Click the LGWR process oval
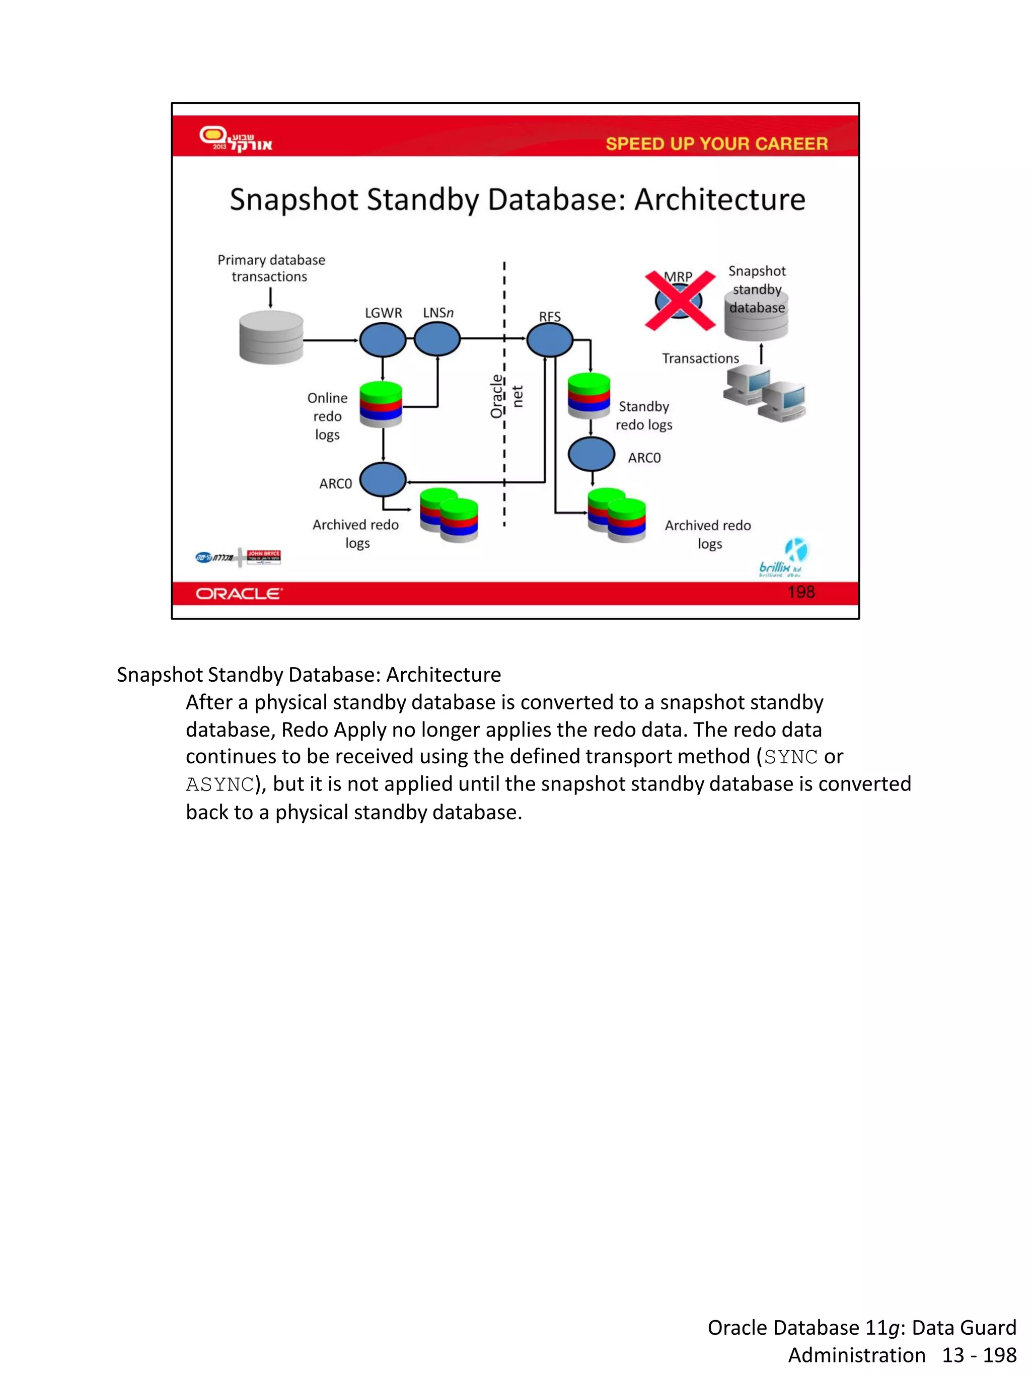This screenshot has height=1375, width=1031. [x=383, y=340]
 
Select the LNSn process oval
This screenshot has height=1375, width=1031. [x=437, y=340]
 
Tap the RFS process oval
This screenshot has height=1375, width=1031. [x=549, y=340]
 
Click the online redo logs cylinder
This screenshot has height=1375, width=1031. [x=381, y=404]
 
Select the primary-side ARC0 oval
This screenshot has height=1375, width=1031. [x=383, y=480]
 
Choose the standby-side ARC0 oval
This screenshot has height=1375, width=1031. [x=592, y=455]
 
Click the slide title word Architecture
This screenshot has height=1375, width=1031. [x=720, y=200]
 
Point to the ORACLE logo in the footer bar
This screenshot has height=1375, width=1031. [x=239, y=594]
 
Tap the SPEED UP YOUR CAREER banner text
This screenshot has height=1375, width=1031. [x=716, y=144]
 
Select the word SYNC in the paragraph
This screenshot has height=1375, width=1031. [x=790, y=757]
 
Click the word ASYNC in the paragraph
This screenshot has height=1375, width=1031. [x=220, y=784]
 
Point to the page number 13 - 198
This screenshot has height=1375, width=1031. [x=979, y=1355]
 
